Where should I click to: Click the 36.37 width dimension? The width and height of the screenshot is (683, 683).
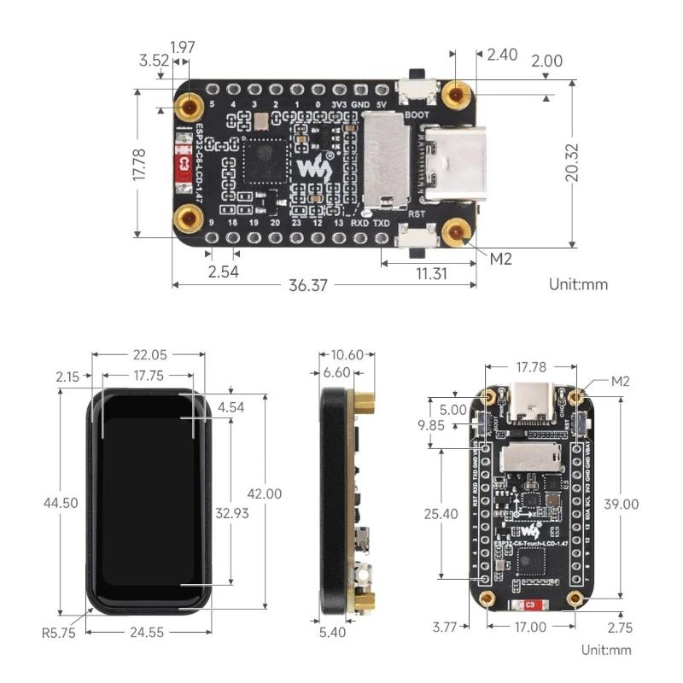point(308,286)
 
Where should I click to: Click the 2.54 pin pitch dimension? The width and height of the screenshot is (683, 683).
point(223,272)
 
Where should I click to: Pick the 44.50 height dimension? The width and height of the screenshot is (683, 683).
point(61,502)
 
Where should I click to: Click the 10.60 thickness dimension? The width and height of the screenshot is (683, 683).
point(346,354)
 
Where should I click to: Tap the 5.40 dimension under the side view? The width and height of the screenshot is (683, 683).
point(334,633)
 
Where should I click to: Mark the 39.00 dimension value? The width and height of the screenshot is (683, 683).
point(620,504)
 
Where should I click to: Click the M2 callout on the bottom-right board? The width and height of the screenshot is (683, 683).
point(619,381)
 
